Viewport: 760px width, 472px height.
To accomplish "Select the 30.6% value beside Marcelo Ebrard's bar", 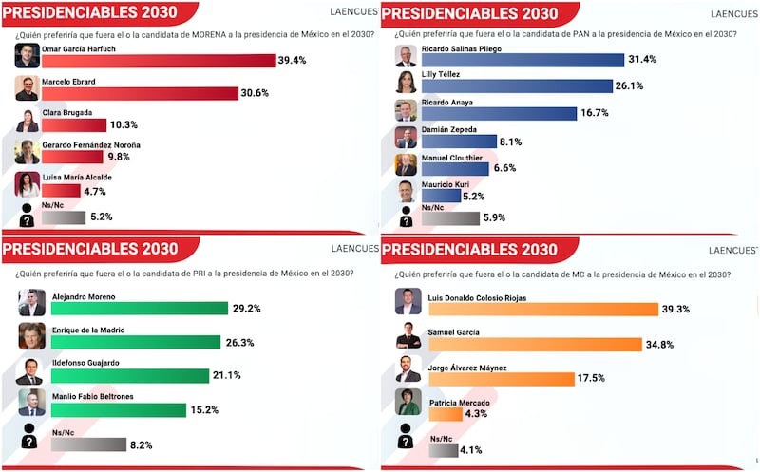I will (256, 93).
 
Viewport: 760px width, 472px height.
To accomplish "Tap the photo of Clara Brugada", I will (28, 120).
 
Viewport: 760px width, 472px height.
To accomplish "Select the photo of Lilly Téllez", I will (406, 82).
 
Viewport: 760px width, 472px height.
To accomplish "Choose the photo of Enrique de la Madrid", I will (31, 336).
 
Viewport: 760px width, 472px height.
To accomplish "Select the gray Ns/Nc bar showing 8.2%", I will (88, 444).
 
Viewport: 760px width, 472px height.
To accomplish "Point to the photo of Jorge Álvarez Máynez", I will (408, 368).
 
